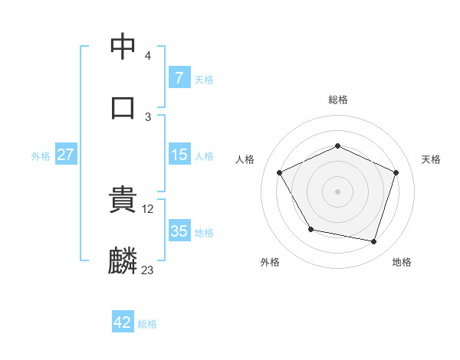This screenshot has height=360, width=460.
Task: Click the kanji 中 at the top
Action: [x=123, y=47]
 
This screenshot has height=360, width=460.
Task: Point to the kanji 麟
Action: [x=123, y=260]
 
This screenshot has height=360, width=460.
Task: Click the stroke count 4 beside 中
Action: [x=147, y=56]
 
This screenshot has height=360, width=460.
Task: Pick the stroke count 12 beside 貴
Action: [x=149, y=208]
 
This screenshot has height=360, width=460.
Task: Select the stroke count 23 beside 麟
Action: [x=147, y=270]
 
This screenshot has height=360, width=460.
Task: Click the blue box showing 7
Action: [x=179, y=78]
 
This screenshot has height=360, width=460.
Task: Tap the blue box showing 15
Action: [x=179, y=155]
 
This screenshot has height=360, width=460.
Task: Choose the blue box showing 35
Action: [x=179, y=231]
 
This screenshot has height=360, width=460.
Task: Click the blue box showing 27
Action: [x=66, y=155]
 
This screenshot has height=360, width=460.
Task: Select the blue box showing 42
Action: [x=123, y=322]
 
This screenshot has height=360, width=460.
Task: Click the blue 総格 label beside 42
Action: [x=147, y=324]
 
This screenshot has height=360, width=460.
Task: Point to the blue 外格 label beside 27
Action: [x=41, y=156]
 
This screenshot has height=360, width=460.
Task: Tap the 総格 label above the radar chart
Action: [x=338, y=100]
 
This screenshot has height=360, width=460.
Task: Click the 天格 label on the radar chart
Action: [x=431, y=159]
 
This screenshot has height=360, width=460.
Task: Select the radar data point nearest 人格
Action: [x=280, y=172]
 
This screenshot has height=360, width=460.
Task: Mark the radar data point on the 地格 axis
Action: [x=374, y=241]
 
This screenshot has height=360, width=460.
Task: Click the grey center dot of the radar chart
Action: [x=338, y=191]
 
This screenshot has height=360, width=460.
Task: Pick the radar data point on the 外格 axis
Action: [x=310, y=229]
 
